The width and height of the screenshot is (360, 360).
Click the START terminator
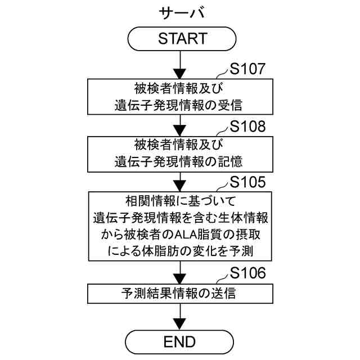point(180,39)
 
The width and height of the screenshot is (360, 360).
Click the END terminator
point(180,341)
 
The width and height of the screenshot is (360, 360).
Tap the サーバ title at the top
point(180,12)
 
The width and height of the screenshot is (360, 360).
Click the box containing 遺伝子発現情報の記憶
point(180,152)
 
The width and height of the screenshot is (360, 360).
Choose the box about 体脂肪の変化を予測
point(180,224)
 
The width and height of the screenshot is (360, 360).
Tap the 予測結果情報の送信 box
point(180,293)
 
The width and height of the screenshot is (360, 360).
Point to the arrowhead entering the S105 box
point(180,187)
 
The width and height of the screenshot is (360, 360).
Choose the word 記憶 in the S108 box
point(231,161)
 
